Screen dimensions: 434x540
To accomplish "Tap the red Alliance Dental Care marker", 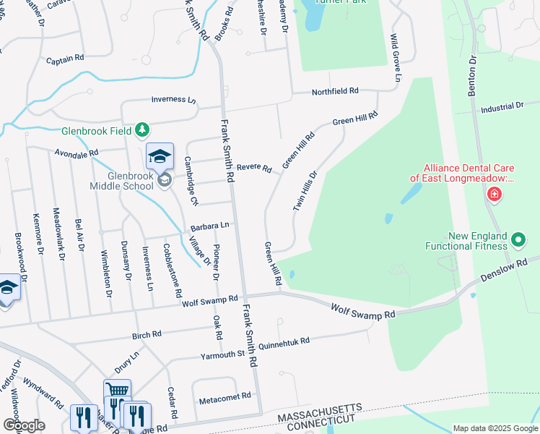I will click(494, 193).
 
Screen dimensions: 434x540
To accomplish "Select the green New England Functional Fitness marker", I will click(518, 239).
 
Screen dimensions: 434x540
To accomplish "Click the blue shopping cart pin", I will click(117, 391).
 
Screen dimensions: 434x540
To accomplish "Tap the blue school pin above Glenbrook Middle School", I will click(160, 156).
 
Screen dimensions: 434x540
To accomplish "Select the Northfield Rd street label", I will click(335, 91).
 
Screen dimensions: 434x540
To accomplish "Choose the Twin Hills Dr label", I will click(305, 191).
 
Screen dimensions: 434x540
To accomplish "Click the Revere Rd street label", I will click(253, 168).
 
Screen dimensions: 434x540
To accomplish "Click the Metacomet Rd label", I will click(225, 396).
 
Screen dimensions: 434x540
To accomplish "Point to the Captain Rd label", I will click(65, 59).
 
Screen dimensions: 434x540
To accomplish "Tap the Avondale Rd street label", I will click(76, 153).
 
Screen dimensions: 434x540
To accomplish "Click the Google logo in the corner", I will click(24, 425).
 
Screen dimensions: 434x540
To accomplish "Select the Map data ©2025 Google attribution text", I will click(495, 428).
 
